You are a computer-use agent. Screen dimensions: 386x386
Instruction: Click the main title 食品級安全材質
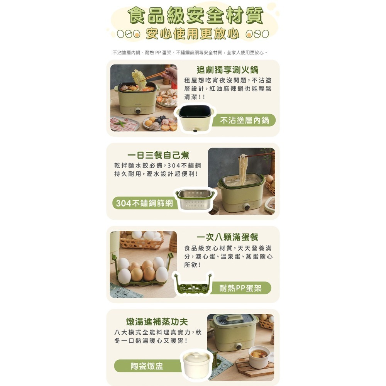point(195,15)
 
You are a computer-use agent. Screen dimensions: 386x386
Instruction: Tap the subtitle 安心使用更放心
point(193,34)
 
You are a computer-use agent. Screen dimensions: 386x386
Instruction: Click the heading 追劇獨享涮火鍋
point(227,70)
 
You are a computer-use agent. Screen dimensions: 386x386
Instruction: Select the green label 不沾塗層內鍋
point(244,120)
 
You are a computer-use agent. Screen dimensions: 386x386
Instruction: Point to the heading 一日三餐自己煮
point(158,155)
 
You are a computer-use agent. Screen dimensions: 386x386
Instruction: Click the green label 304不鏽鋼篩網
point(144,203)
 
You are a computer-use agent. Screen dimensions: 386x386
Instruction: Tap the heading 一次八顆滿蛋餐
point(227,237)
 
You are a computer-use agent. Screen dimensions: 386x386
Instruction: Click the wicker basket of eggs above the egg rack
point(141,239)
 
